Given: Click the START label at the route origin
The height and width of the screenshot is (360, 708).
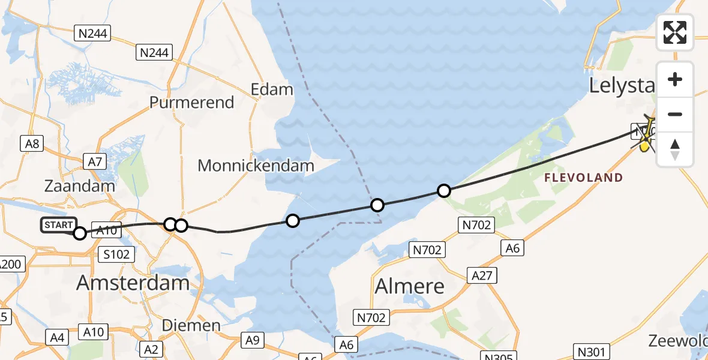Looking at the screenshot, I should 59,225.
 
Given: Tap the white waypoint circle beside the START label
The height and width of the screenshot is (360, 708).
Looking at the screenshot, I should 80,233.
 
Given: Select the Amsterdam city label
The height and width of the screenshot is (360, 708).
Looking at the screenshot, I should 133,283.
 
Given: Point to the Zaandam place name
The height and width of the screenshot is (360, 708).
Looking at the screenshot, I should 80,186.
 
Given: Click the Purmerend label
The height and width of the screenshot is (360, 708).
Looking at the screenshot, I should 191,103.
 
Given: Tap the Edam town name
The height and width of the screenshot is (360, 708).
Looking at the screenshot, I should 272,90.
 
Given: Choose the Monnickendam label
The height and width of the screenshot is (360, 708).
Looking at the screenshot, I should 256,166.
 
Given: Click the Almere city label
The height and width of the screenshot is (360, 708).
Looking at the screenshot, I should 410,286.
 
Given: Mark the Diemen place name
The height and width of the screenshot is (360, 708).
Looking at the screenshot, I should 191,326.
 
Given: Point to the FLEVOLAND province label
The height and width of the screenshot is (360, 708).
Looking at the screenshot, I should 583,178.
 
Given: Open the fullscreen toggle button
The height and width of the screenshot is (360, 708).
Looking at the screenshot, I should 675,32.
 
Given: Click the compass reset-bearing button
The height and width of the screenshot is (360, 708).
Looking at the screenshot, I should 675,149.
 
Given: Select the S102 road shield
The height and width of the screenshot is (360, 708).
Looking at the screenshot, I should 116,254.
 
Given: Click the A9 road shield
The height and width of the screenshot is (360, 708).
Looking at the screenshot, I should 253,341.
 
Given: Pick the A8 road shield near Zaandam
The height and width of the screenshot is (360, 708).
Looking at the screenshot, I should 32,143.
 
